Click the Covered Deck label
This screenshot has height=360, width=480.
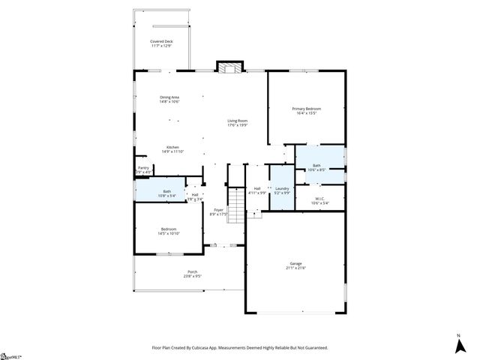(161, 43)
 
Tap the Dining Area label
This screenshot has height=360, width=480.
(169, 99)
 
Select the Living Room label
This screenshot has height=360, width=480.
(238, 122)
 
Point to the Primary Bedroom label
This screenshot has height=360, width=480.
(305, 111)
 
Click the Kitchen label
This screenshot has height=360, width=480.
(172, 148)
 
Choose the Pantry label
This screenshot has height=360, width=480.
(143, 169)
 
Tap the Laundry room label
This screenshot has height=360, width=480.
(282, 190)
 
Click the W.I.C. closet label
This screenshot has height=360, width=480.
(319, 200)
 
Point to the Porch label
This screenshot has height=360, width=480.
(192, 274)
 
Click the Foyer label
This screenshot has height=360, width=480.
(218, 211)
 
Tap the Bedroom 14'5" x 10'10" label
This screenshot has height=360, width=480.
(168, 231)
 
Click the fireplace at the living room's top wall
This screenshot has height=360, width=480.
(229, 67)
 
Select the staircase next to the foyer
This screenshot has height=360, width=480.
(237, 202)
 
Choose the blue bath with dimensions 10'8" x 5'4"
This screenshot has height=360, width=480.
(167, 193)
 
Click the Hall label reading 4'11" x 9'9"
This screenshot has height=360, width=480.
(257, 190)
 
